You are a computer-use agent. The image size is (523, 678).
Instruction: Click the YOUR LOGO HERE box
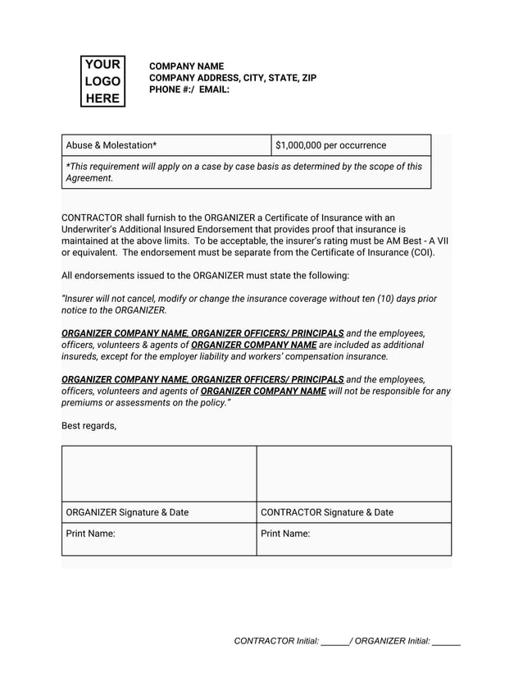click(102, 81)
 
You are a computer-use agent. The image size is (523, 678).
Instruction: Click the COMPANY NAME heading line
click(186, 66)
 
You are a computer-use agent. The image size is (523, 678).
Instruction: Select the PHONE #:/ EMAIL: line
click(189, 89)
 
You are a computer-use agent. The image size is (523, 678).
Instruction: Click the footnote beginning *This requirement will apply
click(243, 172)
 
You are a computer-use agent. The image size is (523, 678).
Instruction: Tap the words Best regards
click(89, 425)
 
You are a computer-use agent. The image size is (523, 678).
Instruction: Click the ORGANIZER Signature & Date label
click(127, 512)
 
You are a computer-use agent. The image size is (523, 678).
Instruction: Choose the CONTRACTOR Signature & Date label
click(326, 512)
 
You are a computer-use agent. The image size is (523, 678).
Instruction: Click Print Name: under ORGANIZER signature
click(90, 534)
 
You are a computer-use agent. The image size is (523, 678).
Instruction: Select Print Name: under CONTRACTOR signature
click(285, 534)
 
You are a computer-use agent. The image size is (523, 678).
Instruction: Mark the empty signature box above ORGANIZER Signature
click(159, 474)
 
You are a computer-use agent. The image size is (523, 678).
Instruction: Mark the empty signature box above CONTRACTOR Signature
click(354, 474)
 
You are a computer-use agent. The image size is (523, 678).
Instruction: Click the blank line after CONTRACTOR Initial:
click(334, 643)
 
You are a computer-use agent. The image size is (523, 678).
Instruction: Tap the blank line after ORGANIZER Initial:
click(446, 643)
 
